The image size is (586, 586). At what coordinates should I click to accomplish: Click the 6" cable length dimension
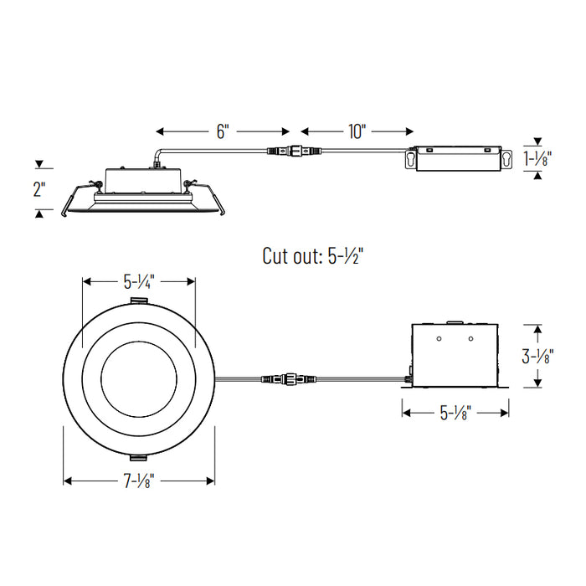[x=223, y=131]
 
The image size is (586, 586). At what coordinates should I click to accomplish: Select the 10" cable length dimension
[x=357, y=131]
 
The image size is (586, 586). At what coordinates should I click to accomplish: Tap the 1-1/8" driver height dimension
[x=537, y=159]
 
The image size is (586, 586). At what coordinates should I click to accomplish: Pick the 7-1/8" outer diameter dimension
[x=139, y=481]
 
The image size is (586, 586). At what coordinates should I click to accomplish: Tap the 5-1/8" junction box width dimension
[x=456, y=412]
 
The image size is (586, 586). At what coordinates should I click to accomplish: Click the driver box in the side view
[x=459, y=159]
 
